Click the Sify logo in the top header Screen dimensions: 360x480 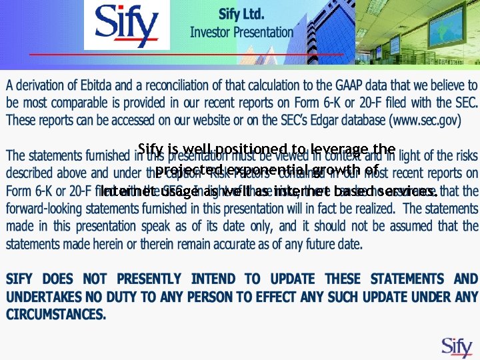pos(127,25)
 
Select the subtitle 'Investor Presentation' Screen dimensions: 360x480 pos(241,31)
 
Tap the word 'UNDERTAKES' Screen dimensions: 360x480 pos(44,296)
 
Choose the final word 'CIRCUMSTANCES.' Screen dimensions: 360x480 pos(56,313)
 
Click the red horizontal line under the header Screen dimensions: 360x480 pos(213,54)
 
